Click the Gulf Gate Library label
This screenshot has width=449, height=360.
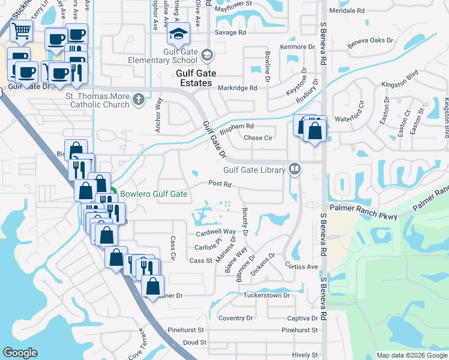point(254,170)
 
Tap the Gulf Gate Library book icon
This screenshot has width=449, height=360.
point(295,169)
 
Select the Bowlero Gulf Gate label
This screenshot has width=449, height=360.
point(153,194)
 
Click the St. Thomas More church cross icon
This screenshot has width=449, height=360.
point(139,99)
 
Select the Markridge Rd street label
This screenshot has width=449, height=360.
point(237,88)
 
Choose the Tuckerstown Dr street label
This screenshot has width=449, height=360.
point(267,295)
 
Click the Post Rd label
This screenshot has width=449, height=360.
point(220,184)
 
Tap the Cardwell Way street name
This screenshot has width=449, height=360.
point(215,232)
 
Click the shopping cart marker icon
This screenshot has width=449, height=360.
point(22,31)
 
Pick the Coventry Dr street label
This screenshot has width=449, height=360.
point(237,318)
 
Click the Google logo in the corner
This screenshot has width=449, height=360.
point(20,353)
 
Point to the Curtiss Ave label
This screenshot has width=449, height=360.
point(301,266)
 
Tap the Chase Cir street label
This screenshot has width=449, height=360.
point(258,137)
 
